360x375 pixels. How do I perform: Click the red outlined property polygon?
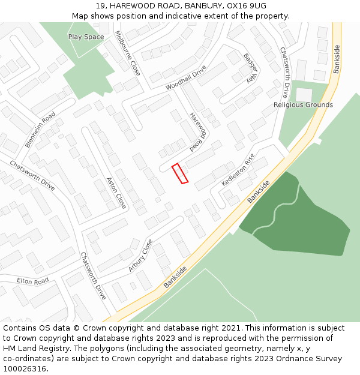(x=180, y=173)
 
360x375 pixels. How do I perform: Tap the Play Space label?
(x=86, y=37)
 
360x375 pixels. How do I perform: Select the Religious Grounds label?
(x=303, y=105)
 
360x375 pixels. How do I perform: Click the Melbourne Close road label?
(x=128, y=53)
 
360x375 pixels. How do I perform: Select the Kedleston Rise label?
(x=238, y=169)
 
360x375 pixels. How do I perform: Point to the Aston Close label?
(x=116, y=192)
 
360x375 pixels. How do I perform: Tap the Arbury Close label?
(x=140, y=255)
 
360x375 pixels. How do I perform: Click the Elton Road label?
(x=32, y=281)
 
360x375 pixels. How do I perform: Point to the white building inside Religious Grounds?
(x=304, y=94)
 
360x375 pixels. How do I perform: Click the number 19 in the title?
(x=100, y=5)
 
